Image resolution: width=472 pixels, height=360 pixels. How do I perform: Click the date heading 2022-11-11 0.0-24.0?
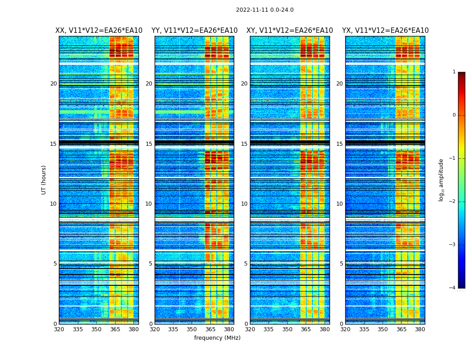click(265, 10)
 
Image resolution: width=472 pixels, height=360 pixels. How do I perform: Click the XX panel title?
click(99, 31)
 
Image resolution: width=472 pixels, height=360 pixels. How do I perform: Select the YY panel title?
click(194, 31)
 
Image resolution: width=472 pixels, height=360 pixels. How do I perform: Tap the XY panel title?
click(289, 31)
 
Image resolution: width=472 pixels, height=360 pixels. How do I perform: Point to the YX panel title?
click(385, 31)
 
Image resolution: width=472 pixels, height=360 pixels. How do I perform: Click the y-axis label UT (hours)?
click(44, 180)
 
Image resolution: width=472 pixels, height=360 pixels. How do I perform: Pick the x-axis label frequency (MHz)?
click(217, 338)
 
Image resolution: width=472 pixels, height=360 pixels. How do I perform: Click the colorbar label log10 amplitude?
click(441, 180)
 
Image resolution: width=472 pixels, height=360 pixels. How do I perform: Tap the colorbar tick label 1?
click(454, 72)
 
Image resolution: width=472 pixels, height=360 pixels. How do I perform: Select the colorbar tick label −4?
click(453, 288)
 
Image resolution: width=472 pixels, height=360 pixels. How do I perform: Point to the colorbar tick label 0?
click(454, 115)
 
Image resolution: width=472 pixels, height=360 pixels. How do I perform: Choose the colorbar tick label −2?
click(453, 202)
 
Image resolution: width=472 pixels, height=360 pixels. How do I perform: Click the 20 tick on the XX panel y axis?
click(53, 84)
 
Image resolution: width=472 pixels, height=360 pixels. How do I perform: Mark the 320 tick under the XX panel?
click(59, 329)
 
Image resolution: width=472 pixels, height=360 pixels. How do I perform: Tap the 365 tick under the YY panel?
click(210, 329)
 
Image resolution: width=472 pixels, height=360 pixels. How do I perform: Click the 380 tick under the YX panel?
click(420, 329)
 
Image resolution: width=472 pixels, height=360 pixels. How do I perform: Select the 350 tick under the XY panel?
click(287, 329)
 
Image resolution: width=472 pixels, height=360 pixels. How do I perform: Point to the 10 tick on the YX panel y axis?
click(340, 204)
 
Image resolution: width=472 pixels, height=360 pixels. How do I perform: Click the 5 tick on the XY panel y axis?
click(246, 264)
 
